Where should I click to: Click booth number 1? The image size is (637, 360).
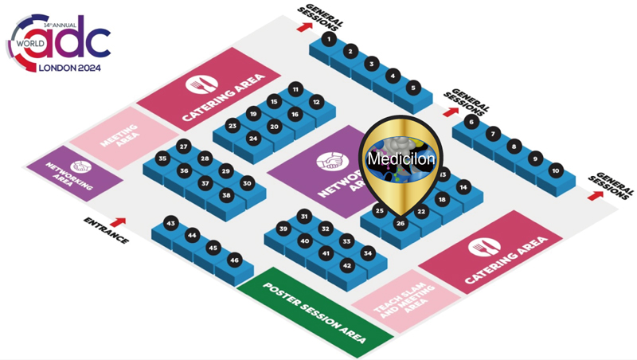pyautogui.click(x=328, y=38)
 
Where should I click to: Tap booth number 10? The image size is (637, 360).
pyautogui.click(x=556, y=170)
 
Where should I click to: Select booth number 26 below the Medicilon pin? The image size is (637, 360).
pyautogui.click(x=401, y=225)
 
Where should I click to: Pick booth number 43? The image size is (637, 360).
pyautogui.click(x=170, y=224)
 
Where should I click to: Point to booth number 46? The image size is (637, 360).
pyautogui.click(x=234, y=260)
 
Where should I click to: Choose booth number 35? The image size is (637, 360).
pyautogui.click(x=162, y=158)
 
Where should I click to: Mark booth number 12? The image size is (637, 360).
pyautogui.click(x=316, y=102)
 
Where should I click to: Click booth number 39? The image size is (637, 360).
pyautogui.click(x=283, y=229)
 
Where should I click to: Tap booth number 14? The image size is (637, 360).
pyautogui.click(x=464, y=187)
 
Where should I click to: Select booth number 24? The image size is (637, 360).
pyautogui.click(x=253, y=138)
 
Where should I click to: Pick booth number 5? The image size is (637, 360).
pyautogui.click(x=412, y=87)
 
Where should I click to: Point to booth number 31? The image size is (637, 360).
pyautogui.click(x=303, y=217)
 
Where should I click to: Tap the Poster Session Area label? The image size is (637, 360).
pyautogui.click(x=315, y=313)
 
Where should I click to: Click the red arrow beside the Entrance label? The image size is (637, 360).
pyautogui.click(x=119, y=222)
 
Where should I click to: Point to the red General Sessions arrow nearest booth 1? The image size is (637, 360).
pyautogui.click(x=303, y=26)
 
